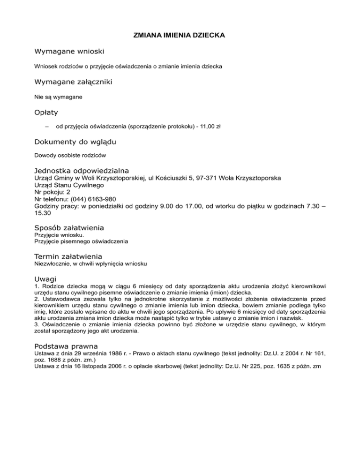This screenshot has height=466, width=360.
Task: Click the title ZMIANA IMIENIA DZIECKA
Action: pyautogui.click(x=180, y=35)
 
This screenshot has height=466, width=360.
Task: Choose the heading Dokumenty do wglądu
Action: pyautogui.click(x=75, y=142)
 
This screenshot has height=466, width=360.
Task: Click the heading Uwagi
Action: pyautogui.click(x=46, y=278)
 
